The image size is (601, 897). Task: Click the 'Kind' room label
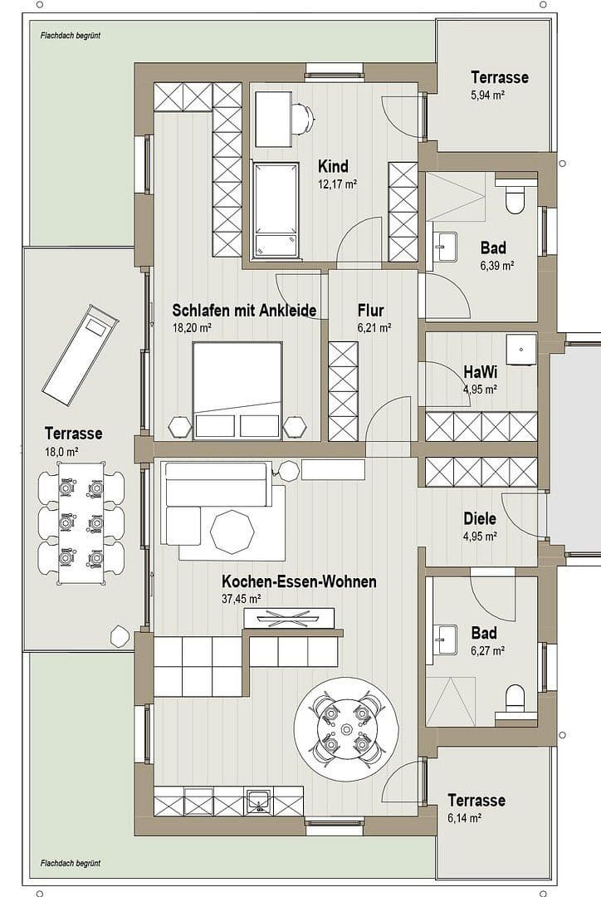333,166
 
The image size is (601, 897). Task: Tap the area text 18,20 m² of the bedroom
192,328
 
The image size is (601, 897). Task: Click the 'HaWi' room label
479,371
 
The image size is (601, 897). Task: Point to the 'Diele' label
479,518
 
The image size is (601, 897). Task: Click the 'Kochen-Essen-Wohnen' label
298,581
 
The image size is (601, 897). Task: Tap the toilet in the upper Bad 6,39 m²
515,199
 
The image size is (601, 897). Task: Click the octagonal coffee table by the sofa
231,532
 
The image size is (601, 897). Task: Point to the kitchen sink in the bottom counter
259,803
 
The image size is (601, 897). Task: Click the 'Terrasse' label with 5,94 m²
500,77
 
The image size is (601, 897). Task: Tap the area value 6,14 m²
465,818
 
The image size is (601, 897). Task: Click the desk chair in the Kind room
303,120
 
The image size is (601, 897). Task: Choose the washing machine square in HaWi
521,350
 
